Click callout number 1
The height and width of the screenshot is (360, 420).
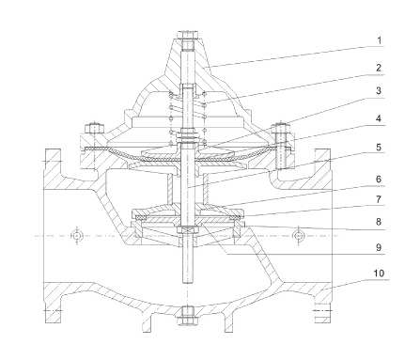click(379, 40)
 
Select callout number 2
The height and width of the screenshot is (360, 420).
click(379, 68)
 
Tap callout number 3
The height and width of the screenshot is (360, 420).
click(379, 90)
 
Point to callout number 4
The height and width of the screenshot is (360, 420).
click(379, 118)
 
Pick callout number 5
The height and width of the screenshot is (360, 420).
click(379, 147)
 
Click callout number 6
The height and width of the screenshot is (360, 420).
click(379, 180)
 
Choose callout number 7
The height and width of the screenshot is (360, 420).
click(379, 199)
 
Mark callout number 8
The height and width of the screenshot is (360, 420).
click(379, 222)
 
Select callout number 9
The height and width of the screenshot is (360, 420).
click(379, 247)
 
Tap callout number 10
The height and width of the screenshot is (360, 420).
click(379, 274)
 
